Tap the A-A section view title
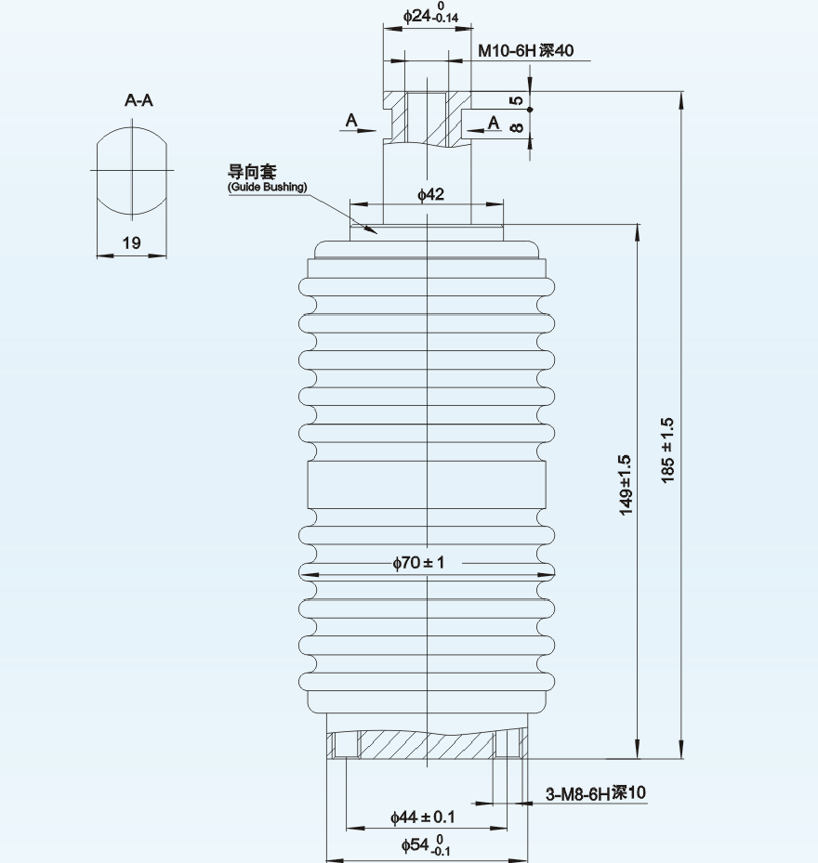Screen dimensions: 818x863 point(139,100)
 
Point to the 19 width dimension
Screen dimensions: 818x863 point(132,242)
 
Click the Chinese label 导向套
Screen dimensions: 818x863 point(252,172)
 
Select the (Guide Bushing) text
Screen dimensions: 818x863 point(267,187)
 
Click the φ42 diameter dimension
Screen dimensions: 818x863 point(430,194)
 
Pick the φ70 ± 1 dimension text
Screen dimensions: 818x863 point(418,563)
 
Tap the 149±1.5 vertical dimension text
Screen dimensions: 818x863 point(626,486)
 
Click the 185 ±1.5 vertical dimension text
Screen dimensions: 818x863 point(667,451)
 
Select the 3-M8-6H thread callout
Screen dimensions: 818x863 point(596,793)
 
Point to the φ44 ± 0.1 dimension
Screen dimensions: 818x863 point(423,817)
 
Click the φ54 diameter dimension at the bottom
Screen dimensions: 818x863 point(425,845)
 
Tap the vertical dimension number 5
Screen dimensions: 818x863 point(516,100)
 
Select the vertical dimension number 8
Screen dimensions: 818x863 point(516,127)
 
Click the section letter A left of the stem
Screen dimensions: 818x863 point(351,120)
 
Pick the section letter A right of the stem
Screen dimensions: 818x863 point(494,123)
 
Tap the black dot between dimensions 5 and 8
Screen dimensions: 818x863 point(530,110)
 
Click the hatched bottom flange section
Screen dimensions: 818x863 point(427,744)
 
